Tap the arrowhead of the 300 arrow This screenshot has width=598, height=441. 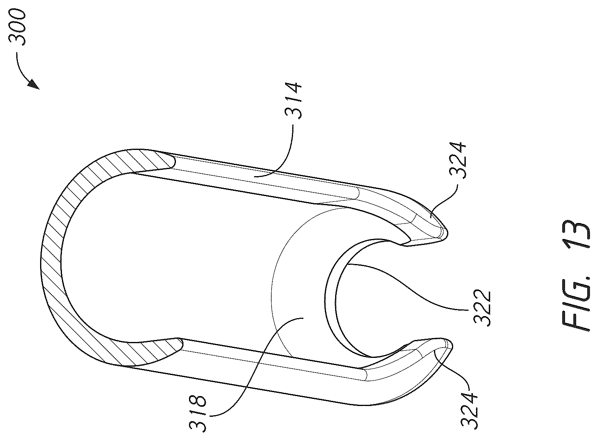(x=34, y=85)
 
